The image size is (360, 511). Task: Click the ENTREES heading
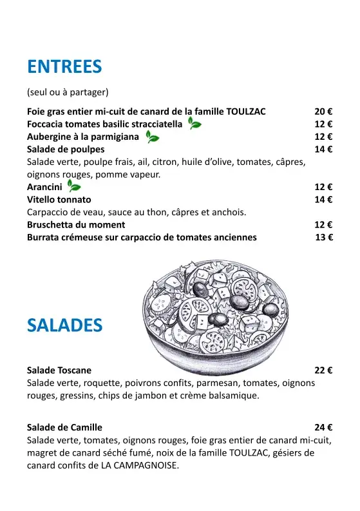coord(64,66)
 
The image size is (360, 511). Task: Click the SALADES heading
coord(64,325)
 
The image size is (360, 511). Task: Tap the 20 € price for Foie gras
coord(323,111)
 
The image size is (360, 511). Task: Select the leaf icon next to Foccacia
coord(194,124)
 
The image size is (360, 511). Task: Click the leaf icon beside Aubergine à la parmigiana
coord(152,137)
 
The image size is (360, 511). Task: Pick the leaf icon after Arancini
coord(74,187)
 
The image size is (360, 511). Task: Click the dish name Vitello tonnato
coord(59,200)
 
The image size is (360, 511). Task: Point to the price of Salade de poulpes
coord(323,149)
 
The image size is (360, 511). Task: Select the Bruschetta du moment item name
coord(76,225)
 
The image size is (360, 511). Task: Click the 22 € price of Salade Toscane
coord(323,371)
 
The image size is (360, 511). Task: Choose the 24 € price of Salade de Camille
coord(323,427)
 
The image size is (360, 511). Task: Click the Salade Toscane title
coord(59,371)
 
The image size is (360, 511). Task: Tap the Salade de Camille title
coord(64,427)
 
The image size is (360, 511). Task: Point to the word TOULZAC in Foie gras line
coord(242,111)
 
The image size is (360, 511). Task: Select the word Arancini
coord(44,187)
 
